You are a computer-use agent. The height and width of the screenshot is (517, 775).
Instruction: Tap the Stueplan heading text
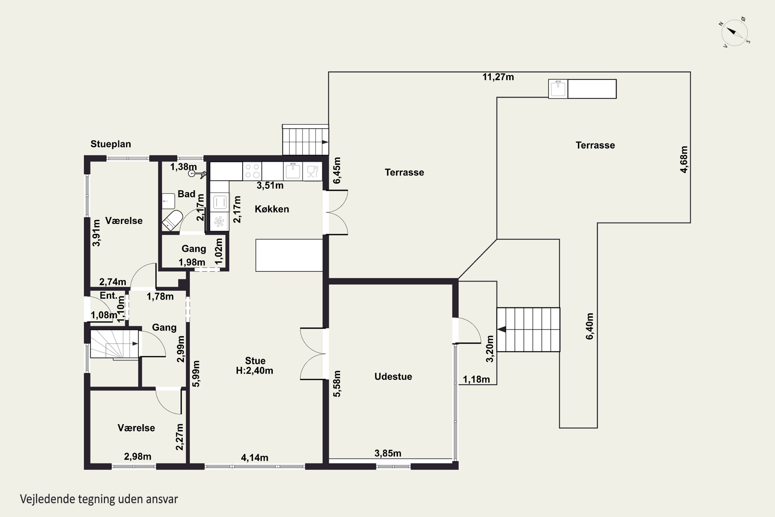pos(111,144)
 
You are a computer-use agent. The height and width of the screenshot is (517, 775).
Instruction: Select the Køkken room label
pos(272,209)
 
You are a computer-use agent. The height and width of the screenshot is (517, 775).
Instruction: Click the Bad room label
pos(187,194)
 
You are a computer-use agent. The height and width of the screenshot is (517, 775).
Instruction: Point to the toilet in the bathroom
pos(172,221)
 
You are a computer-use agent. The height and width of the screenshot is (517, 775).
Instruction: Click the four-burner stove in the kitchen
pos(252,171)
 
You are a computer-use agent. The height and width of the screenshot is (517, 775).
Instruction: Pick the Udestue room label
pos(393,377)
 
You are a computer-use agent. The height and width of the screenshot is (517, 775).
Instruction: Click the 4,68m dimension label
pos(684,159)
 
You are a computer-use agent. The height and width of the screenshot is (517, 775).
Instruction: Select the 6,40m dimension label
pos(590,326)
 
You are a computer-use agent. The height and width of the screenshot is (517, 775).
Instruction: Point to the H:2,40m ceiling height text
pos(254,371)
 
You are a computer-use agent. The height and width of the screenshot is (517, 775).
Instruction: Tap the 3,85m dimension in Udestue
pos(388,453)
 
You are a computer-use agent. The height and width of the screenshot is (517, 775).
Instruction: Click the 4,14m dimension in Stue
pos(254,458)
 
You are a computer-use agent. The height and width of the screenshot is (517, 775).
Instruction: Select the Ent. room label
pos(109,295)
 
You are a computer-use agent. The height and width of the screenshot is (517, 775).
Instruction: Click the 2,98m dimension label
pos(137,457)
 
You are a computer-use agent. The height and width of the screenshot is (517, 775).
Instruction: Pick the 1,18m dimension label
pos(476,379)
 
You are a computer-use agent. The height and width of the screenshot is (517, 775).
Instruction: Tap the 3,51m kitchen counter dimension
pos(270,186)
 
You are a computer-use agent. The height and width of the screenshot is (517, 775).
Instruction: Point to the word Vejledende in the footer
pos(48,499)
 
